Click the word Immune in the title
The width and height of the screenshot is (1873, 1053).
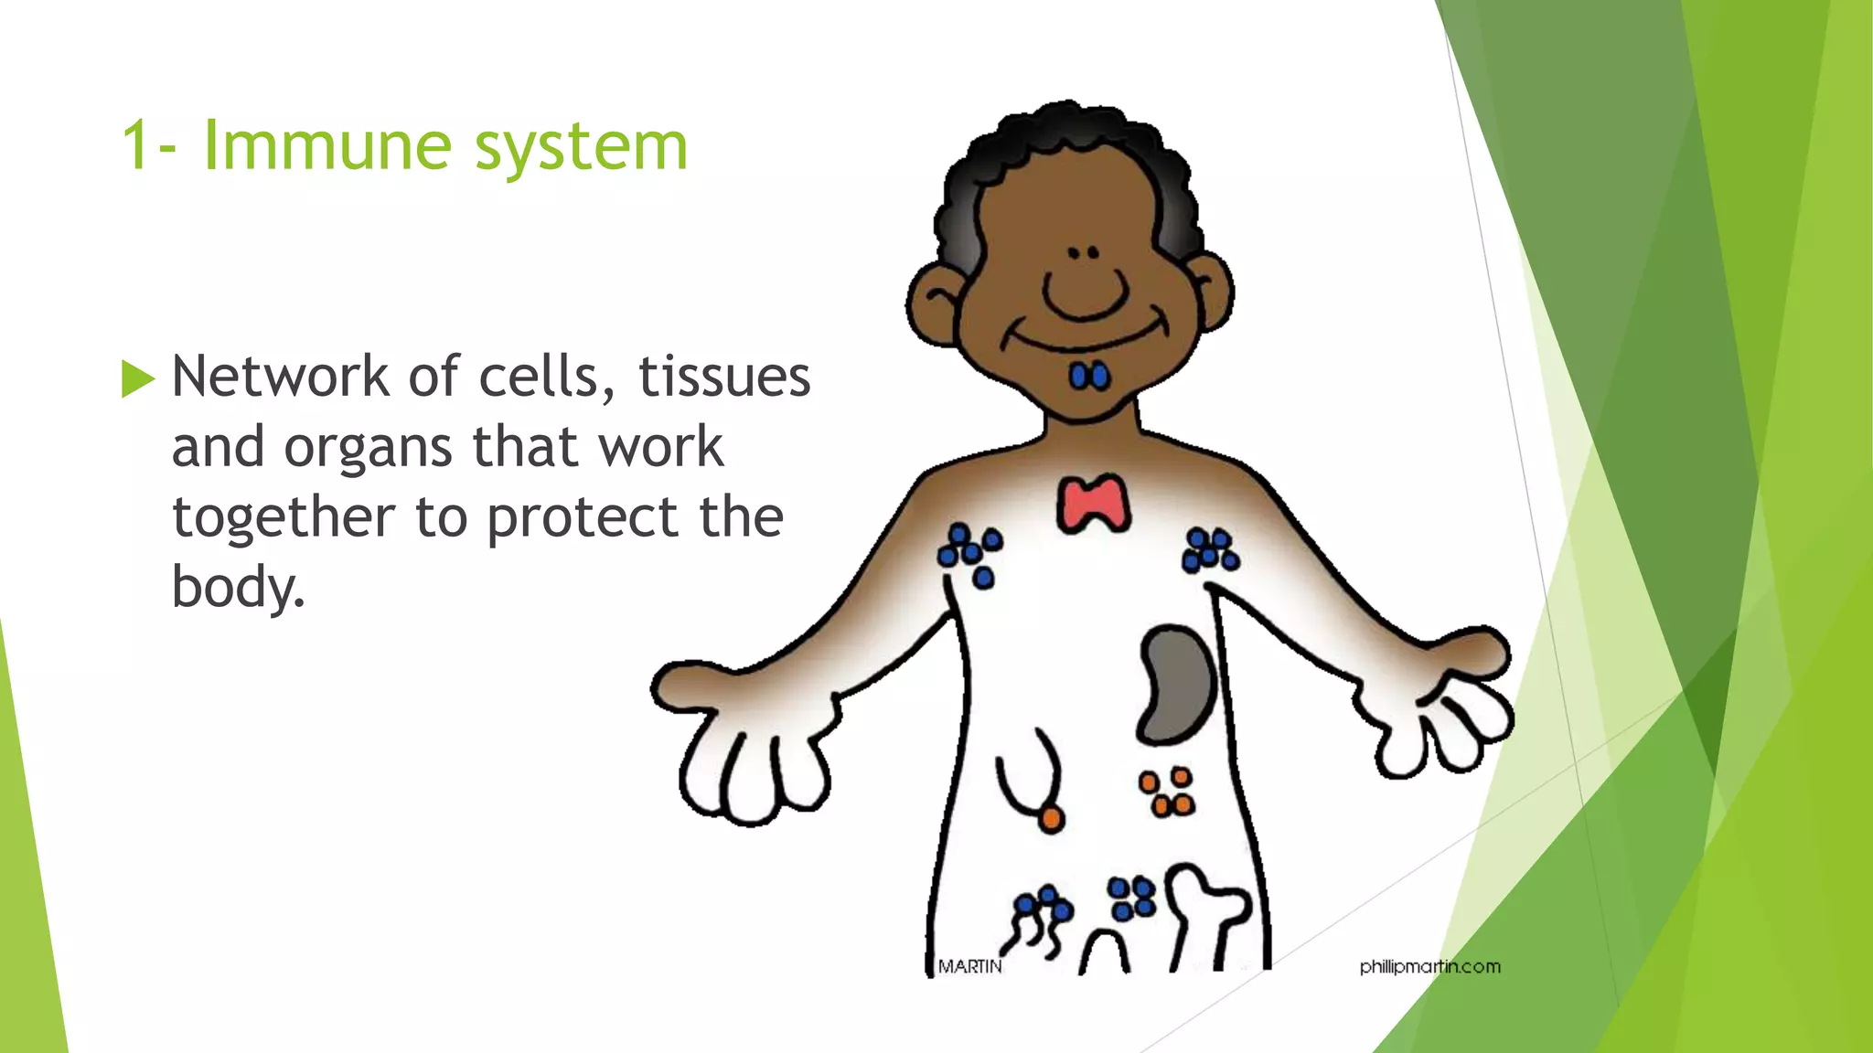[327, 145]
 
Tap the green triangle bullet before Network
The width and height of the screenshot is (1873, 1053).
[137, 378]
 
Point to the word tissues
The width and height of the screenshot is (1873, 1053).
[723, 377]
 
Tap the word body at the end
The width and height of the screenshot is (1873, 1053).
[236, 587]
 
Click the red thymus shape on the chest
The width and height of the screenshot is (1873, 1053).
[1093, 504]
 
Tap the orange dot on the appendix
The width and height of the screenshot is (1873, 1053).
[1052, 819]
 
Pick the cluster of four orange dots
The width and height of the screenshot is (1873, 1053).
[1166, 792]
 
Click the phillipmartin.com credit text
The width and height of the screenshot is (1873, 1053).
[1429, 966]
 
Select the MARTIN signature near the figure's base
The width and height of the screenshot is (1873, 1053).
[969, 966]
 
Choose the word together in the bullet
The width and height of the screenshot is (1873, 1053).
[284, 519]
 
